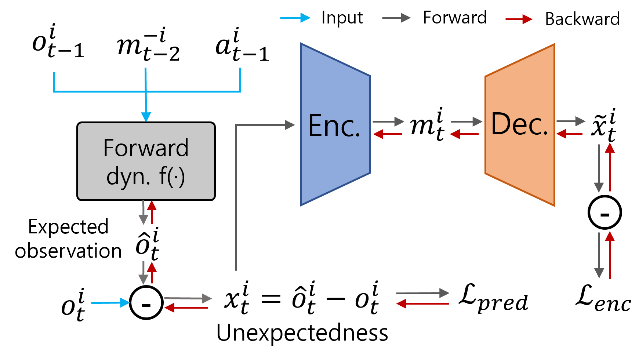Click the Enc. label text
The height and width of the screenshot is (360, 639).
tap(334, 126)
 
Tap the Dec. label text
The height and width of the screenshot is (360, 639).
tap(519, 124)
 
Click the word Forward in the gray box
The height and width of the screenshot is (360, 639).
tap(146, 148)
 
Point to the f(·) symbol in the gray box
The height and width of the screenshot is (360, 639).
tap(172, 177)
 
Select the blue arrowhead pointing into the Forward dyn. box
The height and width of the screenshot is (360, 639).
tap(146, 117)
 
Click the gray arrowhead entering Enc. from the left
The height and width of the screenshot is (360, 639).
tap(290, 125)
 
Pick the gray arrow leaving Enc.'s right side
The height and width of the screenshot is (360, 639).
tap(388, 121)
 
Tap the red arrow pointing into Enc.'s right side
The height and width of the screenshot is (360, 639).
tap(388, 134)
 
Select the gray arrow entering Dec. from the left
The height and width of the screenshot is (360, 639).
tap(466, 121)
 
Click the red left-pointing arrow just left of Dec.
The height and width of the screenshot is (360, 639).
tap(464, 134)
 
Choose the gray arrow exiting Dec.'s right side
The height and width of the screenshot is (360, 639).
tap(571, 121)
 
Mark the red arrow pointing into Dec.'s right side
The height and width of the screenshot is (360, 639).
tap(569, 134)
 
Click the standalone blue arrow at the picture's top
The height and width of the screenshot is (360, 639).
tap(295, 18)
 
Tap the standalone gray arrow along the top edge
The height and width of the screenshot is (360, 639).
tap(396, 18)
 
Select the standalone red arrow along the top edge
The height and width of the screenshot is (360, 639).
tap(519, 19)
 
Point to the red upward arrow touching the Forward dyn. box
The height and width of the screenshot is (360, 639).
tap(152, 212)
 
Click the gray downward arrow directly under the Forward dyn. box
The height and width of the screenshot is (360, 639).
tap(143, 213)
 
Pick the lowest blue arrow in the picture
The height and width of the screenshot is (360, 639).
tap(110, 303)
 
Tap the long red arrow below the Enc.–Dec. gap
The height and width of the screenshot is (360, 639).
tap(423, 303)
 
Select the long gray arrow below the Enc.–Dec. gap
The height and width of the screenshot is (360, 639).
tap(423, 293)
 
